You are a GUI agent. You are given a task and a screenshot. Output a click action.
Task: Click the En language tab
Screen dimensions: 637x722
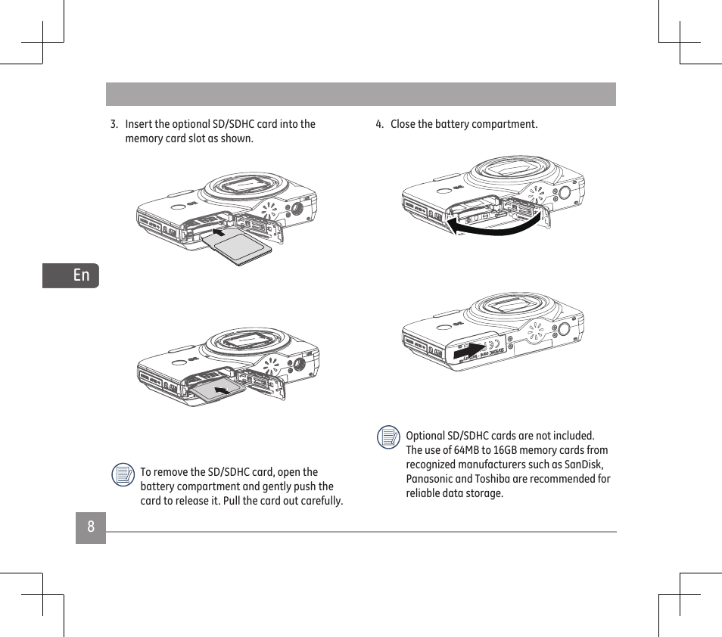81,275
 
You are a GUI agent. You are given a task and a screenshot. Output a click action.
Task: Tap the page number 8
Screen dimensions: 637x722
91,527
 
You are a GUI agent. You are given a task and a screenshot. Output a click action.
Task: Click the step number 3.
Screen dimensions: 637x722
114,124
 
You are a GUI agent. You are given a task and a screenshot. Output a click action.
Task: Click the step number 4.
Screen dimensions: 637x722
379,124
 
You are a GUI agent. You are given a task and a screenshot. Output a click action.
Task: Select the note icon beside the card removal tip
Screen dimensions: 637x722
123,474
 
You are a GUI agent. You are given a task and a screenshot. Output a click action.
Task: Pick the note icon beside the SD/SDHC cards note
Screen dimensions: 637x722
388,437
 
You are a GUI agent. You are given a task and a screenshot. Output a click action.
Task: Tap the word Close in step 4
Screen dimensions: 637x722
403,124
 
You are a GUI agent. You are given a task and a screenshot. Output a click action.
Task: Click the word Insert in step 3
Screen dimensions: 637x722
138,124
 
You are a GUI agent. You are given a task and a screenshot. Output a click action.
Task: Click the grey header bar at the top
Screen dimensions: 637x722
360,94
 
